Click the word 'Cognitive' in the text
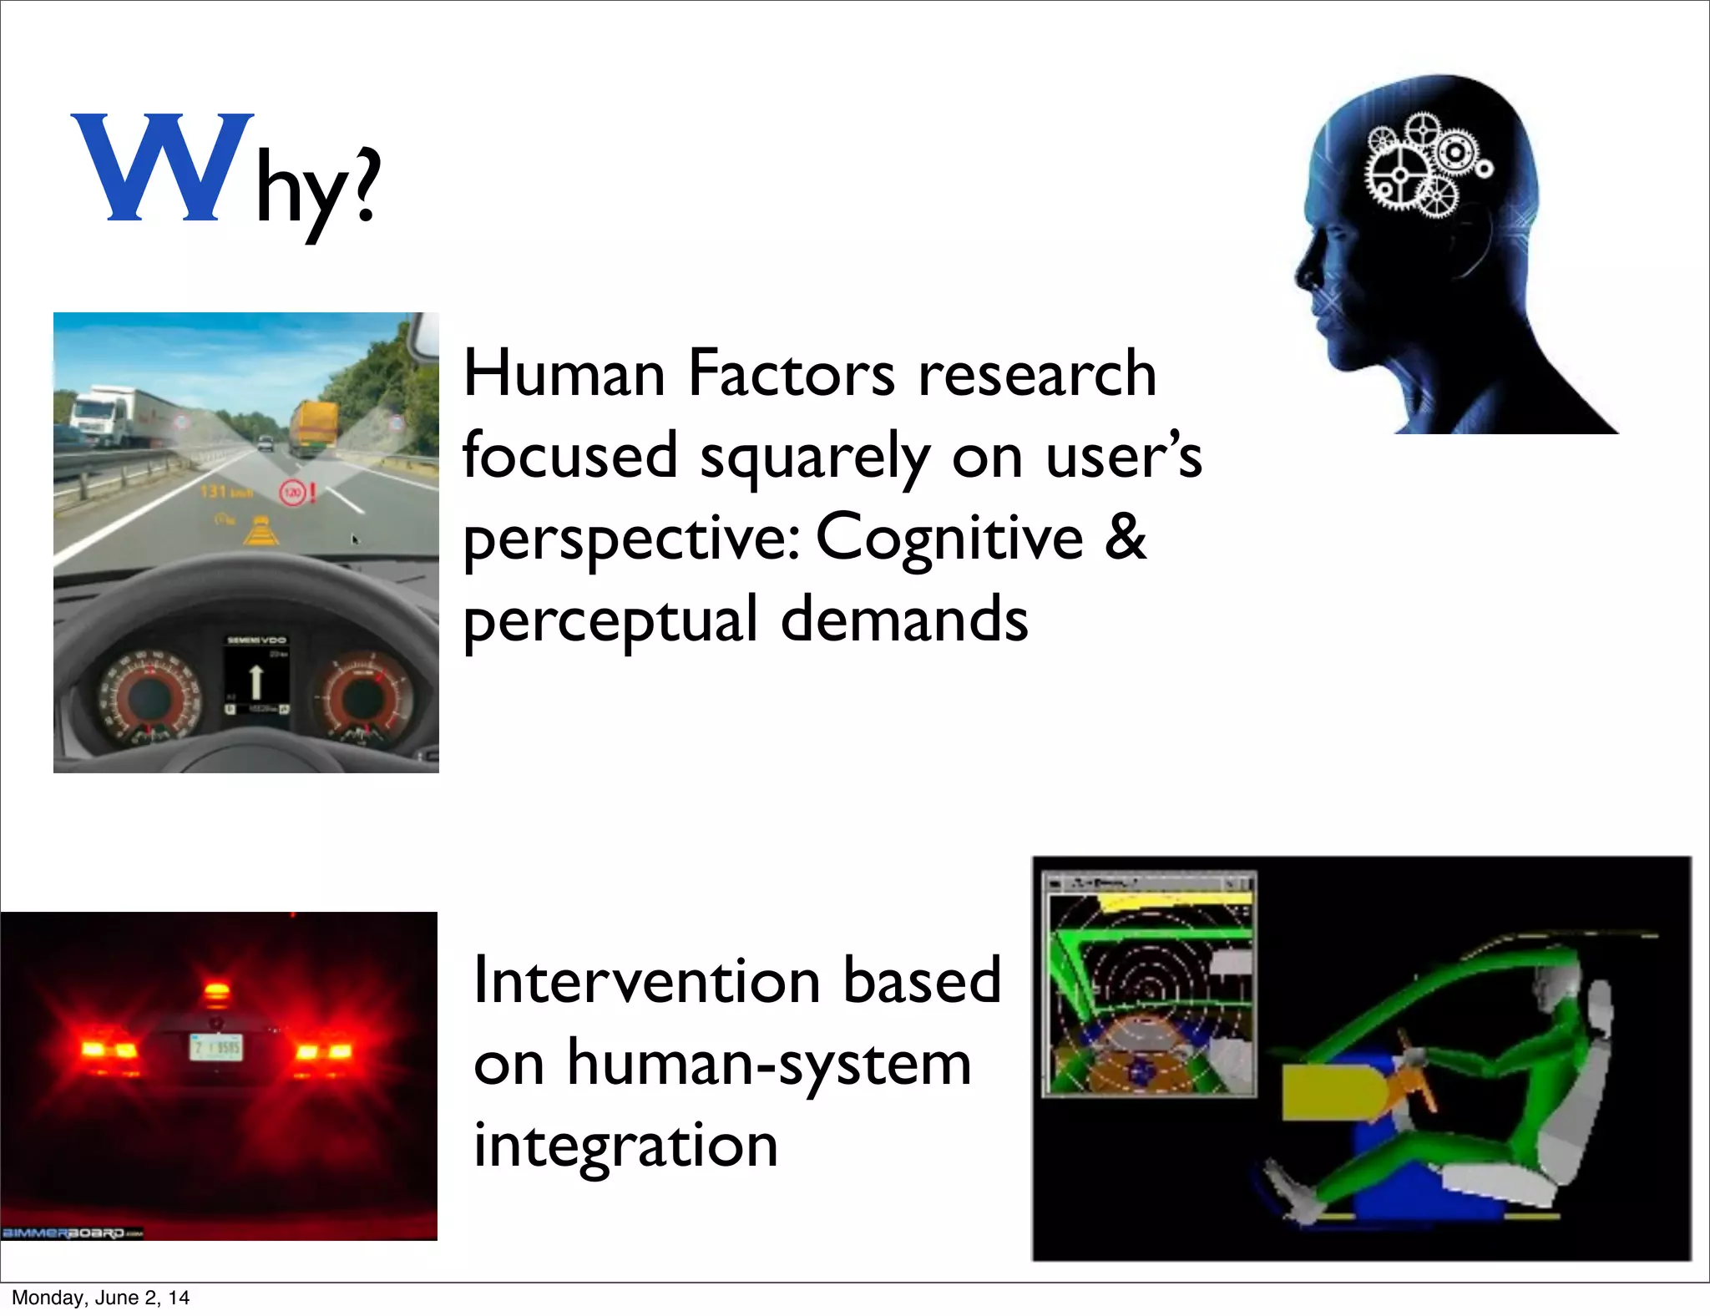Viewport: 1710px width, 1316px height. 949,537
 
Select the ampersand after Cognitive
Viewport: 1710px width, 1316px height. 1126,537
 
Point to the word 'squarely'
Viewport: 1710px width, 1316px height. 814,458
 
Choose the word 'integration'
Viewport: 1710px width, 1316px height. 625,1146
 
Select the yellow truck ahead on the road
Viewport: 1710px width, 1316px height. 315,428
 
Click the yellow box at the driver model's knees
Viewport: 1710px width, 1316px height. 1328,1091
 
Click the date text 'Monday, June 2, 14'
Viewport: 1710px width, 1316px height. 100,1298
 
